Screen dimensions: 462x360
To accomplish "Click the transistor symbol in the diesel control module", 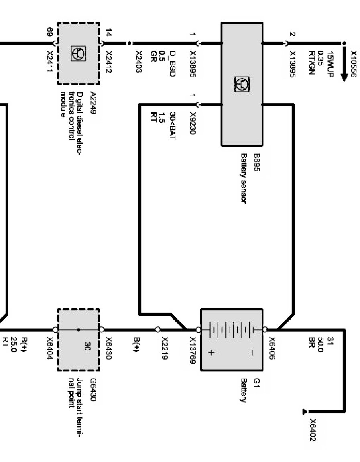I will pyautogui.click(x=78, y=53).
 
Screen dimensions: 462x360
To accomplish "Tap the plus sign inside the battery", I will pyautogui.click(x=212, y=353).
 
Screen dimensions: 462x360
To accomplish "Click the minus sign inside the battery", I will pyautogui.click(x=252, y=353).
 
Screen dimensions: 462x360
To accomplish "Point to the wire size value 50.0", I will pyautogui.click(x=321, y=344).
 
